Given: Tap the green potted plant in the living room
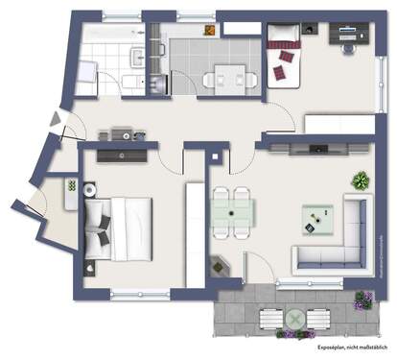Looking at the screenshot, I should pyautogui.click(x=360, y=180).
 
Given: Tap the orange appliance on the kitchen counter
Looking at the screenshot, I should pyautogui.click(x=149, y=84).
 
